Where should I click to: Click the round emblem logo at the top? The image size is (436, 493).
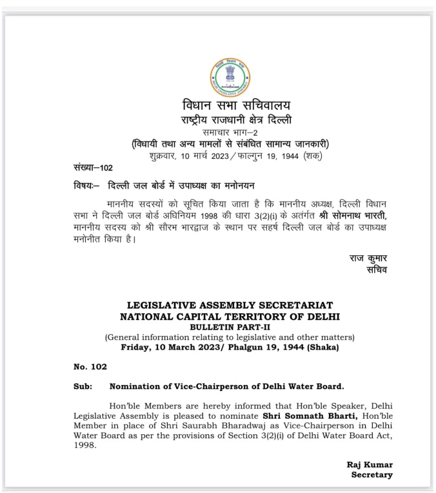point(228,78)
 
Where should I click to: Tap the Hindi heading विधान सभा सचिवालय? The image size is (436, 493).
point(228,106)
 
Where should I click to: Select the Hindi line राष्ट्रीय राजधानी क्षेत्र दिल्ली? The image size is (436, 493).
point(228,120)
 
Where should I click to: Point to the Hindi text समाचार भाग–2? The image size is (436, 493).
point(228,132)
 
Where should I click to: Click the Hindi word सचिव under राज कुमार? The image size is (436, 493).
point(376,270)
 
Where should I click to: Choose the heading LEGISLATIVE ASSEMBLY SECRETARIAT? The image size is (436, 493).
point(230,305)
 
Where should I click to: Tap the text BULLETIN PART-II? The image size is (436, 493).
point(230,327)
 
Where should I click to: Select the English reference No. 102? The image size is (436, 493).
point(90,366)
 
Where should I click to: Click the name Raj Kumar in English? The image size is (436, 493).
point(370,465)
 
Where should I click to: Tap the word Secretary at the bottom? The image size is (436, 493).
point(372,475)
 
